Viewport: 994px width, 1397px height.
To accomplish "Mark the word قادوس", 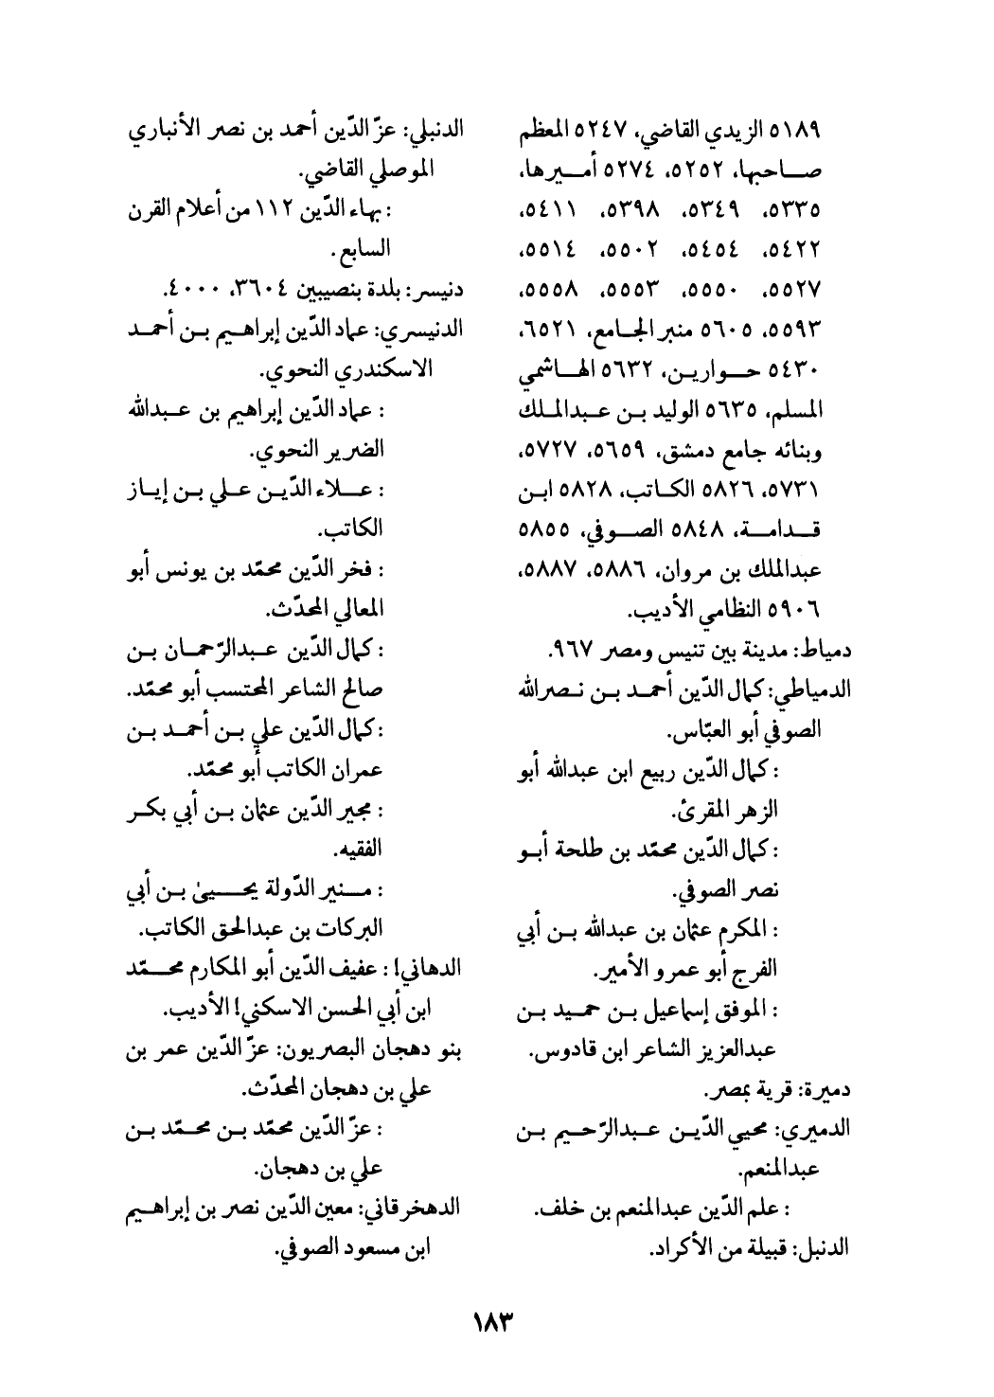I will pyautogui.click(x=558, y=1051).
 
